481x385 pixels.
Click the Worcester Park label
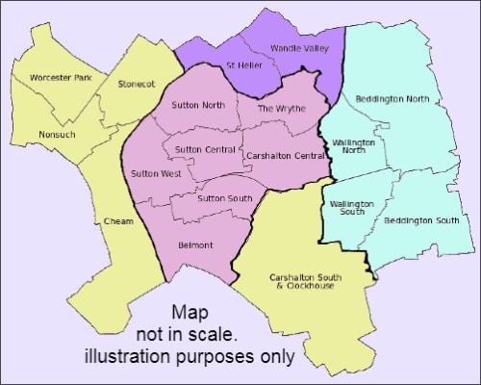tap(61, 77)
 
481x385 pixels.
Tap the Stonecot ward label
tap(136, 84)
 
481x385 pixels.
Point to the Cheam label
tap(116, 221)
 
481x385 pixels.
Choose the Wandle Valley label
tap(302, 47)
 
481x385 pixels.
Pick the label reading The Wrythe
tap(281, 109)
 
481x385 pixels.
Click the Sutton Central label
tap(204, 150)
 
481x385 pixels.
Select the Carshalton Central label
tap(283, 155)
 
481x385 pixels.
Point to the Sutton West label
tap(155, 173)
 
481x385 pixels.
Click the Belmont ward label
tap(195, 244)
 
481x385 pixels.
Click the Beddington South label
tap(420, 221)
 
